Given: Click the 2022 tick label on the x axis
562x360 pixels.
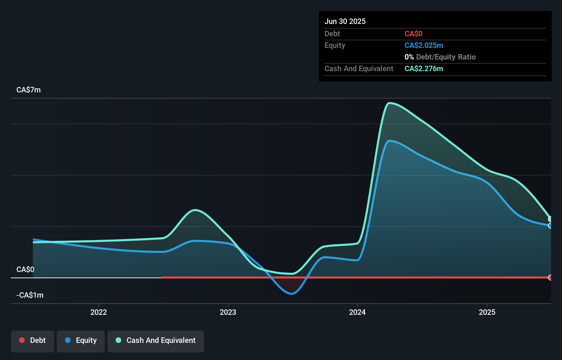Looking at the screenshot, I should pos(99,312).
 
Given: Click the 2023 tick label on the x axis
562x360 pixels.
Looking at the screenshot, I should pos(228,312).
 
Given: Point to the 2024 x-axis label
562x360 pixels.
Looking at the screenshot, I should pos(357,312).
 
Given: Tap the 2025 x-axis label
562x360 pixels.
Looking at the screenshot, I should pos(487,312).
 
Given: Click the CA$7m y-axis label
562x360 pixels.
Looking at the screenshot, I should pos(28,90).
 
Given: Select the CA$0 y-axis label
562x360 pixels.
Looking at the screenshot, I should pos(25,270).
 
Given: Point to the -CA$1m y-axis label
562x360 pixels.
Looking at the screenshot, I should pos(30,295).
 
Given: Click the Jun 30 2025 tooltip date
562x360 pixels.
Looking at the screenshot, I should pos(345,22).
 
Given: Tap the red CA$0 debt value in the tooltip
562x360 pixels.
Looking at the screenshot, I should pos(413,34).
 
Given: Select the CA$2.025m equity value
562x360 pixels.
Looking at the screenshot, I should pos(424,46).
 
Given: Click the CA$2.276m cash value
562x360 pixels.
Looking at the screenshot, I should pos(424,69).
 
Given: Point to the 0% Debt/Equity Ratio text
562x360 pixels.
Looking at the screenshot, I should pos(440,57).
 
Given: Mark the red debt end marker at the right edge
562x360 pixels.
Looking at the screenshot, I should pos(550,278).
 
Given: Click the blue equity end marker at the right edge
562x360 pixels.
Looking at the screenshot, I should pos(550,226).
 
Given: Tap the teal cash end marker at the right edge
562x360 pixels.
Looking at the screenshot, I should pos(550,219).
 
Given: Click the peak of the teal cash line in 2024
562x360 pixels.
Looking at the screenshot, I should pos(389,103).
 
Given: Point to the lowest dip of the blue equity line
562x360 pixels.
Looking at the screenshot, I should pos(291,293).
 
